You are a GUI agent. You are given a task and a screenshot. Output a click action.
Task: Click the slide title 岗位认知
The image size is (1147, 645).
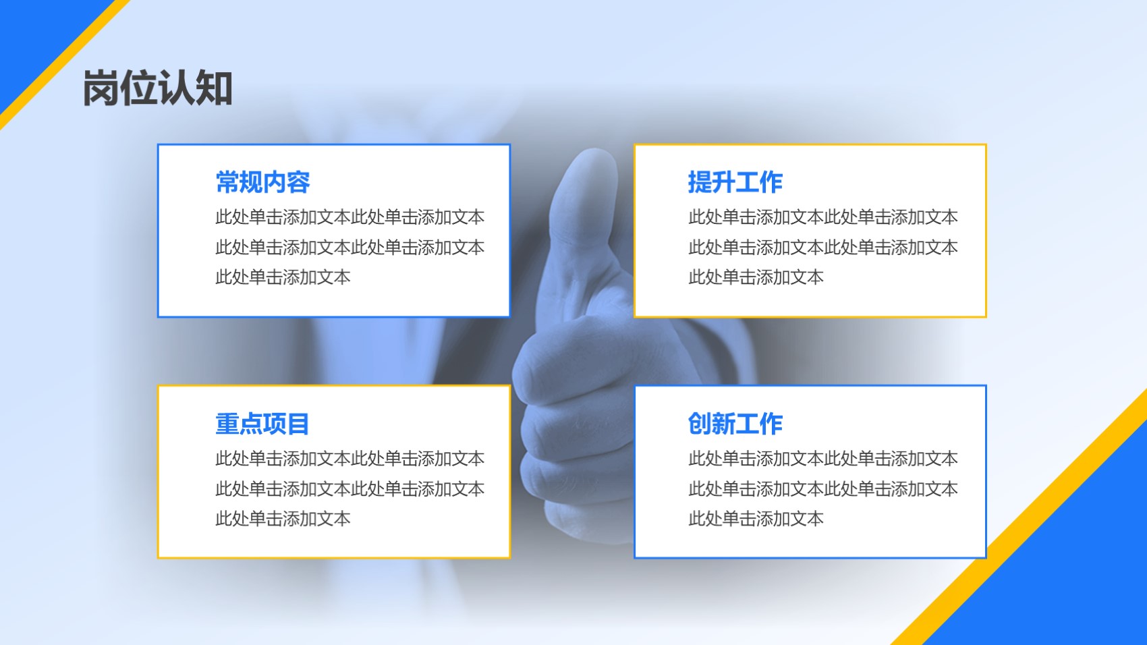pyautogui.click(x=158, y=88)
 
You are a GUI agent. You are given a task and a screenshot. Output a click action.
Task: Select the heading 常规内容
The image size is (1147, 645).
pyautogui.click(x=262, y=182)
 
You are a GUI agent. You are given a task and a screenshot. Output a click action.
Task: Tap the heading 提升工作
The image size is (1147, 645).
pyautogui.click(x=735, y=182)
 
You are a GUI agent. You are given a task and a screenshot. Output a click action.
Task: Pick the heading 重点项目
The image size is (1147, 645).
pyautogui.click(x=262, y=424)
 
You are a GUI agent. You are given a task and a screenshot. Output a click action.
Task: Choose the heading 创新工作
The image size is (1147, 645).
pyautogui.click(x=735, y=424)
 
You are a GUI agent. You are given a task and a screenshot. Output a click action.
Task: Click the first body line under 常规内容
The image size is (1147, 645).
pyautogui.click(x=349, y=217)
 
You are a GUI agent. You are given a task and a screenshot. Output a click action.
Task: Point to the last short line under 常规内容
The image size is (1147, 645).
pyautogui.click(x=283, y=277)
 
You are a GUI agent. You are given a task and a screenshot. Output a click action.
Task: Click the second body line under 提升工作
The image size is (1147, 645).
pyautogui.click(x=823, y=247)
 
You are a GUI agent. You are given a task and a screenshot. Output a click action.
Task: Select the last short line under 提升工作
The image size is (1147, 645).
pyautogui.click(x=756, y=277)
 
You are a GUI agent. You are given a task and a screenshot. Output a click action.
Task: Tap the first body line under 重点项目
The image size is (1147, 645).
pyautogui.click(x=349, y=458)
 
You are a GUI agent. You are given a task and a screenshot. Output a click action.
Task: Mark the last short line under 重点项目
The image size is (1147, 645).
pyautogui.click(x=283, y=519)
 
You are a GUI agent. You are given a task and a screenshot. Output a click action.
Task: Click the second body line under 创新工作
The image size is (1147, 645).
pyautogui.click(x=823, y=489)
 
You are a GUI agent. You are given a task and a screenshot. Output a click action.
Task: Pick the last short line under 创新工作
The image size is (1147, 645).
pyautogui.click(x=756, y=519)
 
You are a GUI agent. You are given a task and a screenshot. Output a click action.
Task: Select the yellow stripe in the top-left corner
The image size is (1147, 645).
pyautogui.click(x=65, y=65)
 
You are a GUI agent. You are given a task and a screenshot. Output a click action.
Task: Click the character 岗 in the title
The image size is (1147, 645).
pyautogui.click(x=101, y=88)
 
